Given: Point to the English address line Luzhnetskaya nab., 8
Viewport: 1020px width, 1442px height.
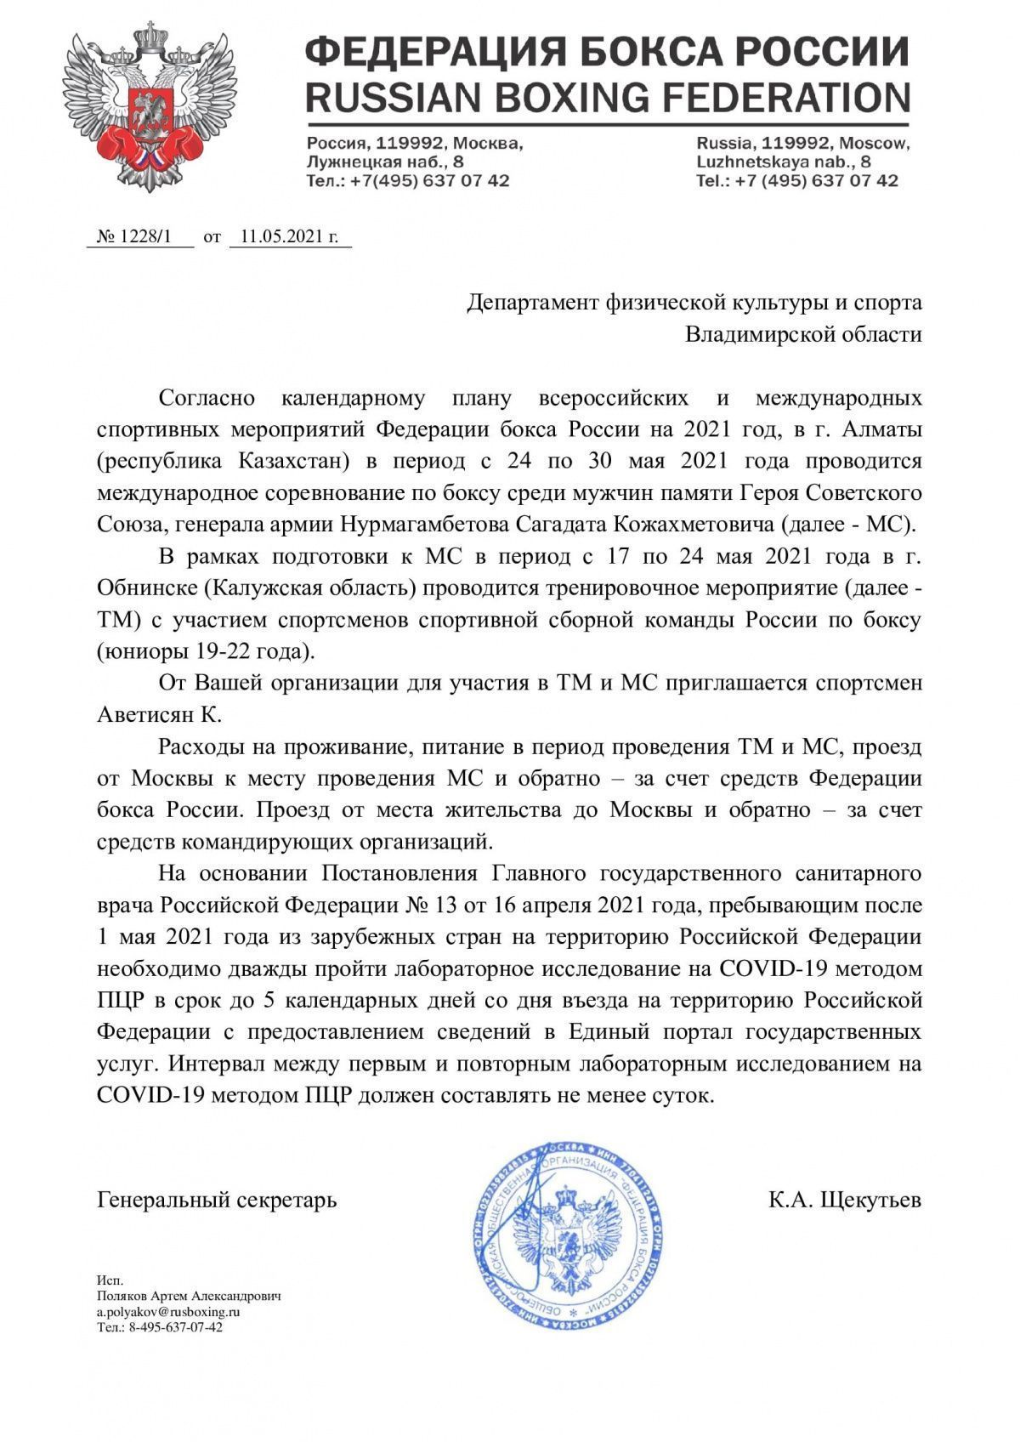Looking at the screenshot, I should (x=783, y=162).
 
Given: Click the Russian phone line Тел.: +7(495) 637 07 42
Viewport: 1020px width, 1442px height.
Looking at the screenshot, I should (x=408, y=180).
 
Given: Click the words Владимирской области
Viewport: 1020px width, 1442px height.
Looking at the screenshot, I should (x=803, y=334).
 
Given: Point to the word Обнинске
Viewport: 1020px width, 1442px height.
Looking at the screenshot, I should (x=146, y=588).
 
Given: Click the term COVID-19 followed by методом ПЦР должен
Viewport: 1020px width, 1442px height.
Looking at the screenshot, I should (x=144, y=1095).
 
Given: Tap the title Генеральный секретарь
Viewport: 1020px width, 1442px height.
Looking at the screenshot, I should (x=218, y=1200).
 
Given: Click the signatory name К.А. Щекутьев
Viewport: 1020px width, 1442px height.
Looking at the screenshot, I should (x=845, y=1200).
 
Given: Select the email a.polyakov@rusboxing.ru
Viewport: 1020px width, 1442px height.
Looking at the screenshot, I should (x=169, y=1311).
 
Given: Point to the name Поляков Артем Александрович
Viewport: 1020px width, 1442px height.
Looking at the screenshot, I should (x=189, y=1296).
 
